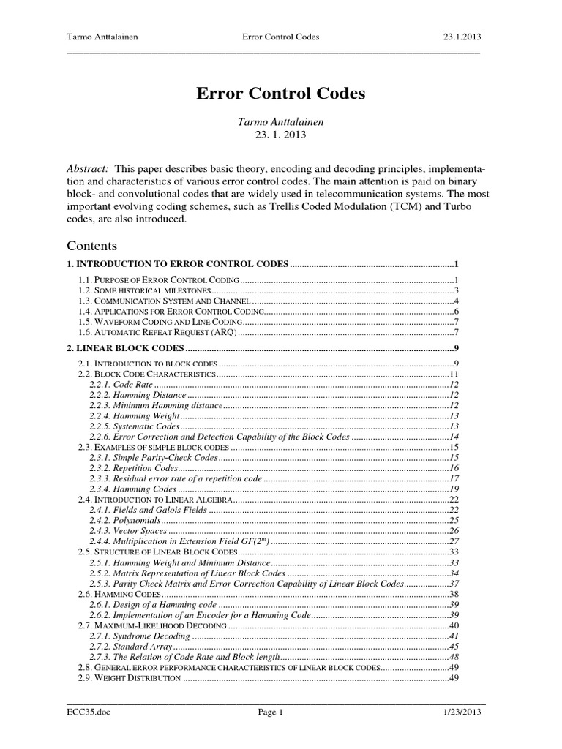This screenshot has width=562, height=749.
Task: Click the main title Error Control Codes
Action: [x=280, y=94]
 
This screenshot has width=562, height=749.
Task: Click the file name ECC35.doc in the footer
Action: [x=86, y=712]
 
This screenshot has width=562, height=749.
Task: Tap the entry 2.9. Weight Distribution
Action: [x=129, y=679]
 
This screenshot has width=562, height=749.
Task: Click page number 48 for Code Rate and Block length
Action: [x=454, y=658]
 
